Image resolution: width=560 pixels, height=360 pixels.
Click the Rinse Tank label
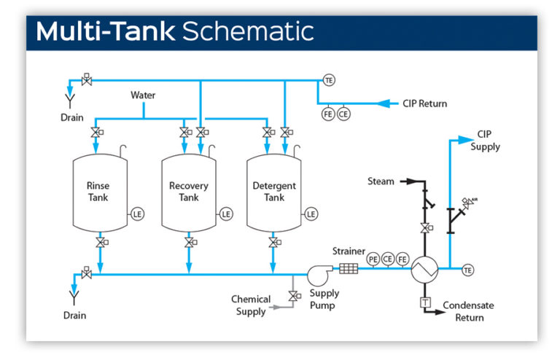pyautogui.click(x=98, y=192)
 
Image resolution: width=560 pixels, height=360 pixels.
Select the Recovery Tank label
pyautogui.click(x=188, y=192)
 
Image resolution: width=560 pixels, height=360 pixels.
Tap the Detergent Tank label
pyautogui.click(x=274, y=192)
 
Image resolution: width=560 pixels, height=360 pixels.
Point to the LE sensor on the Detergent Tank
pyautogui.click(x=311, y=214)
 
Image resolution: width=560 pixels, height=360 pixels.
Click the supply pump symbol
pyautogui.click(x=319, y=274)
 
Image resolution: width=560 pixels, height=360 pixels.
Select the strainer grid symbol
pyautogui.click(x=349, y=268)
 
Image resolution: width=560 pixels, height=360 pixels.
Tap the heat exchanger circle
pyautogui.click(x=423, y=270)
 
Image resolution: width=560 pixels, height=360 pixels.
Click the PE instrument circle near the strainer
pyautogui.click(x=373, y=259)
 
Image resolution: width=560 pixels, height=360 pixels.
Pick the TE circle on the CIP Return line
pyautogui.click(x=329, y=80)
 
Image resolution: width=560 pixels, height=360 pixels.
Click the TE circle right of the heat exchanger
pyautogui.click(x=468, y=270)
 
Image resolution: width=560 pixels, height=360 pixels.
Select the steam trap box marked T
pyautogui.click(x=423, y=302)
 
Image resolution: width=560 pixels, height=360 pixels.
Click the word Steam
pyautogui.click(x=381, y=181)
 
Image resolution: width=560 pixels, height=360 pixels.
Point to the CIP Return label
pyautogui.click(x=424, y=103)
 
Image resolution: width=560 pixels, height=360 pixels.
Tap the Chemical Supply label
pyautogui.click(x=251, y=305)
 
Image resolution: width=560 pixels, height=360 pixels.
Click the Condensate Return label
pyautogui.click(x=463, y=311)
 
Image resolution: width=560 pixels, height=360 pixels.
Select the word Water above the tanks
pyautogui.click(x=143, y=95)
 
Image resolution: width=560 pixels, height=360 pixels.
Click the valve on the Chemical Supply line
pyautogui.click(x=293, y=296)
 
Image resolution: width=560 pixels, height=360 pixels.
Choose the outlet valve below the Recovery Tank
pyautogui.click(x=189, y=242)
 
